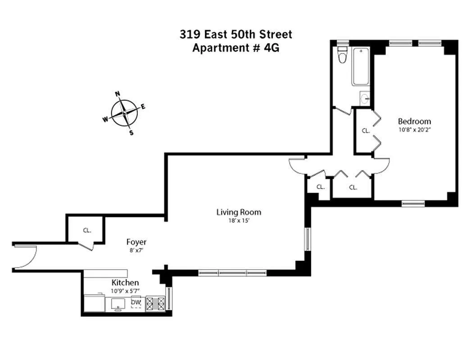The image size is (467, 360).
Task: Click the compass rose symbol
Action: click(x=124, y=112)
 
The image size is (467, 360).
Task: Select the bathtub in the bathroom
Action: click(x=361, y=67)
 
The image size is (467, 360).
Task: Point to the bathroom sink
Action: click(x=365, y=98)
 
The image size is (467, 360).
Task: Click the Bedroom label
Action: click(x=414, y=121)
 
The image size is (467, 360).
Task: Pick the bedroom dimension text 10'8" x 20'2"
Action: click(x=414, y=130)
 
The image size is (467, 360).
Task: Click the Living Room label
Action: click(x=239, y=212)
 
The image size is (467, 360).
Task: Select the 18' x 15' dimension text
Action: click(x=239, y=221)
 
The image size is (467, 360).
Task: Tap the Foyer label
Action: click(x=136, y=242)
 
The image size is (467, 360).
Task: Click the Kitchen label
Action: click(x=125, y=283)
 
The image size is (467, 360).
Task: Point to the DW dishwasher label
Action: click(x=136, y=302)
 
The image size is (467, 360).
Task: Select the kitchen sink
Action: click(x=118, y=304)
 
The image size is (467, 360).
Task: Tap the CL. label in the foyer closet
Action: click(x=86, y=230)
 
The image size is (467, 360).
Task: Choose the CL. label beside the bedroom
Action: click(x=366, y=131)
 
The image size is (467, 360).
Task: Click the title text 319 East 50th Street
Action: click(x=236, y=34)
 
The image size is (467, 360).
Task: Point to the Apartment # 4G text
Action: click(x=236, y=48)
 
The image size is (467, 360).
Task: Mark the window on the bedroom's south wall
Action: click(x=413, y=203)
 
